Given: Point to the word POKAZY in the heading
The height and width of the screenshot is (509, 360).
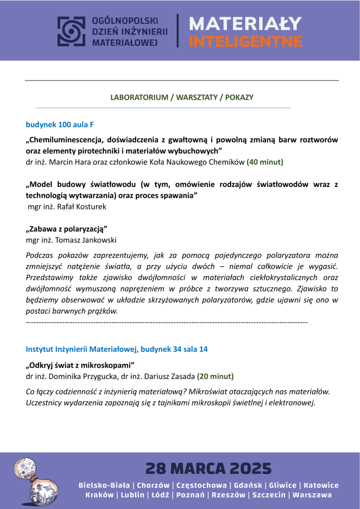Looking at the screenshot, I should [239, 97].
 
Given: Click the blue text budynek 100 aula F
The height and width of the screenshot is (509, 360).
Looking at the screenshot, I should [60, 124].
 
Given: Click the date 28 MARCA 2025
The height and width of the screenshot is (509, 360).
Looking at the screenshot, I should [208, 468].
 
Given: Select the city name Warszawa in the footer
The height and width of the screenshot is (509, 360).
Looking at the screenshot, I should [312, 495].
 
